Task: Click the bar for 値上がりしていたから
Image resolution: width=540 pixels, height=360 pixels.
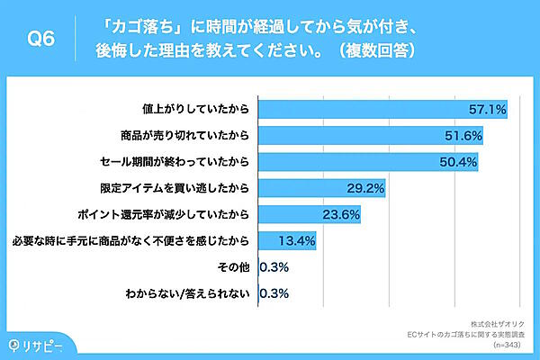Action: pyautogui.click(x=383, y=110)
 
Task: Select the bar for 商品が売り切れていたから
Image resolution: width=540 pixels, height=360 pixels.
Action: pyautogui.click(x=372, y=136)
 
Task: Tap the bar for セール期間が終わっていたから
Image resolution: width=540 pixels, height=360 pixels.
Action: pyautogui.click(x=368, y=162)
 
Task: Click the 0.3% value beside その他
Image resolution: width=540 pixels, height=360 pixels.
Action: pyautogui.click(x=274, y=266)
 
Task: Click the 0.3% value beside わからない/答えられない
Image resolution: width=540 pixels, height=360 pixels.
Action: pyautogui.click(x=274, y=292)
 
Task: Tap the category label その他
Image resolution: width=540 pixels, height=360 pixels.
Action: pyautogui.click(x=235, y=266)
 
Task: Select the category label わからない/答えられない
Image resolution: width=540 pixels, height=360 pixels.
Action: pyautogui.click(x=189, y=292)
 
